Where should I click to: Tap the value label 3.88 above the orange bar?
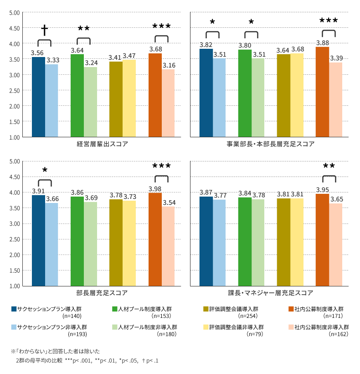322,43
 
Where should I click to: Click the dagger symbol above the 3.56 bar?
45,31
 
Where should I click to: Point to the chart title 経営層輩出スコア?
102,144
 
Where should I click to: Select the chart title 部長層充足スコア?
102,293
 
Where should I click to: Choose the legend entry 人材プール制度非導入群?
144,327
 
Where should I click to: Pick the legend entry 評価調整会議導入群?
230,309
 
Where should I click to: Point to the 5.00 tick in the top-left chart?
14,13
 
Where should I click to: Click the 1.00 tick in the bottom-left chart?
14,286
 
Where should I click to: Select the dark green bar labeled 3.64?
77,95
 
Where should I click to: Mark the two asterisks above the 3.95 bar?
329,166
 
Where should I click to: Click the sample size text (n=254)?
247,316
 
